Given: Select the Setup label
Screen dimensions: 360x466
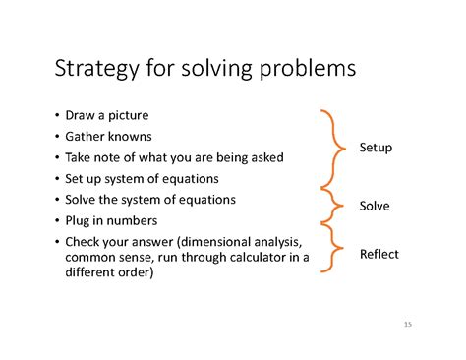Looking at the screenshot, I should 375,148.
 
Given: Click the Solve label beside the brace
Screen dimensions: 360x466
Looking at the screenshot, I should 374,207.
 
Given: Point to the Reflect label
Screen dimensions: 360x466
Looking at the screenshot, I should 379,254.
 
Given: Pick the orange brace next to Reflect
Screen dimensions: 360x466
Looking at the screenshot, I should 335,254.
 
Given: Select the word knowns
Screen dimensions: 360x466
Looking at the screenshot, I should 129,136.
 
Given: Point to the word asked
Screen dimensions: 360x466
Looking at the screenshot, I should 264,157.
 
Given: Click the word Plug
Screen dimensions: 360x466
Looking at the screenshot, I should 79,220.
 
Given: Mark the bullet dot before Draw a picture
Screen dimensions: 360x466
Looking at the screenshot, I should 57,115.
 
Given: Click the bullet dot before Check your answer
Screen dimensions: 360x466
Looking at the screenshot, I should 57,242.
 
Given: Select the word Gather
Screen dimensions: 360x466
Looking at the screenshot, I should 85,136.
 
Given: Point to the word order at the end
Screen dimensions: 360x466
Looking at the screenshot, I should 136,273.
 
